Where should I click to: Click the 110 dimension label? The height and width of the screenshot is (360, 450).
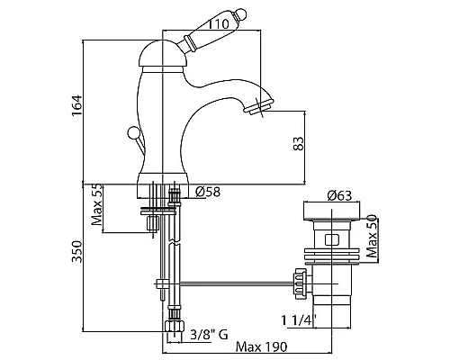coord(218,23)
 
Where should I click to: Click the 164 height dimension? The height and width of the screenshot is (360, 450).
coord(76,105)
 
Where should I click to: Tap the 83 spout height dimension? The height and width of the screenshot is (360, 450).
coord(299,144)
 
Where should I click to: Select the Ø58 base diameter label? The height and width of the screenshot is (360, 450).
coord(208,192)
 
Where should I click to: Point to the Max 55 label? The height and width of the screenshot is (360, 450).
coord(97,204)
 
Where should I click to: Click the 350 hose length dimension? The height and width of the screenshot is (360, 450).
coord(76,251)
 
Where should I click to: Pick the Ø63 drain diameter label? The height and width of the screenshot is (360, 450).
coord(339,195)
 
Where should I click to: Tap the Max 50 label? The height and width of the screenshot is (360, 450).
coord(372,236)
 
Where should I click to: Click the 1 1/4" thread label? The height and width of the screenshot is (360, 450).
coord(299,320)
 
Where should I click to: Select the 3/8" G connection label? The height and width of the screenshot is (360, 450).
coord(209,334)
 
